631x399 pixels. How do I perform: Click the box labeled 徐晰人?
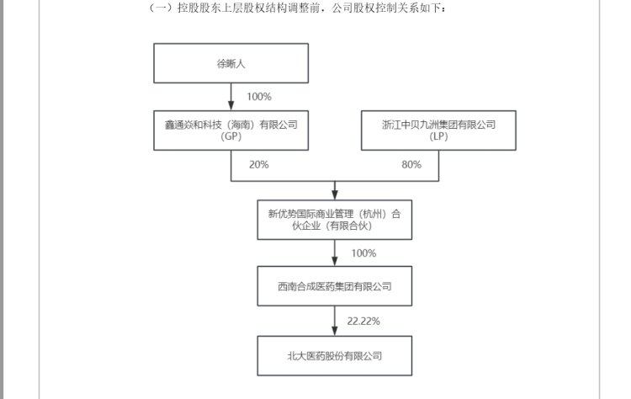231,63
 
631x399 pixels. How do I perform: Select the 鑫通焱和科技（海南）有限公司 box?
231,130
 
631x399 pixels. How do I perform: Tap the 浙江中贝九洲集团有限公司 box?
438,130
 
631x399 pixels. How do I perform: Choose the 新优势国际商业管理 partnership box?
334,220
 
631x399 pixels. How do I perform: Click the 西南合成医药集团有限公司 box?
334,286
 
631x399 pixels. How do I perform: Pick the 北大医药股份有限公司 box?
334,356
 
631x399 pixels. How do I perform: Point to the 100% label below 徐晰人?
259,97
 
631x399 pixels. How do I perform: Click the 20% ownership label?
259,165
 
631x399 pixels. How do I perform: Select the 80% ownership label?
411,165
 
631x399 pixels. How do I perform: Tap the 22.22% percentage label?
363,322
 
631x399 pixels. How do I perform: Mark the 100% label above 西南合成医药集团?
363,253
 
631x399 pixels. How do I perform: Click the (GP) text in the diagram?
231,136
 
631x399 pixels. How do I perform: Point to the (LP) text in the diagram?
438,136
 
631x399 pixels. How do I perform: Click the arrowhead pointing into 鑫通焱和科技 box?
231,105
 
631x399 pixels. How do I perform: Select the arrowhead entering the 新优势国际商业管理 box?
334,194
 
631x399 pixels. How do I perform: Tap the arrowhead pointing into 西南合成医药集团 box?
334,260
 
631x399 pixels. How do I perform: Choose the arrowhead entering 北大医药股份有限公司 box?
334,331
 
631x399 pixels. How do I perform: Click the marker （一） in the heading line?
161,8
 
